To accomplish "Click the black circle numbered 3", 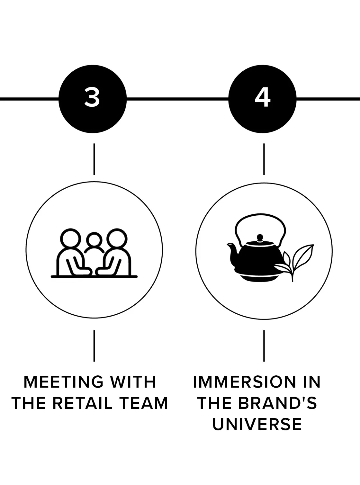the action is pyautogui.click(x=93, y=99).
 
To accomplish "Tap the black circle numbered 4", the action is pyautogui.click(x=263, y=99).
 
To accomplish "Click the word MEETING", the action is pyautogui.click(x=63, y=382).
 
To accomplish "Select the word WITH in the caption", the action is pyautogui.click(x=133, y=382).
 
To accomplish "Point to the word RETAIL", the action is pyautogui.click(x=83, y=403).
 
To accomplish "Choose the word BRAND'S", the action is pyautogui.click(x=277, y=403).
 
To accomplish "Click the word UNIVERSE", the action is pyautogui.click(x=257, y=424).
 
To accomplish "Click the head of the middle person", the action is pyautogui.click(x=94, y=240).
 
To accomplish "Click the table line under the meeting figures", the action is pyautogui.click(x=94, y=277).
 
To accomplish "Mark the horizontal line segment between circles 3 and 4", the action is pyautogui.click(x=178, y=99).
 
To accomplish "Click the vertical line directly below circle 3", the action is pyautogui.click(x=94, y=159).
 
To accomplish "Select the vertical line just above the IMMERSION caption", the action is pyautogui.click(x=264, y=346).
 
